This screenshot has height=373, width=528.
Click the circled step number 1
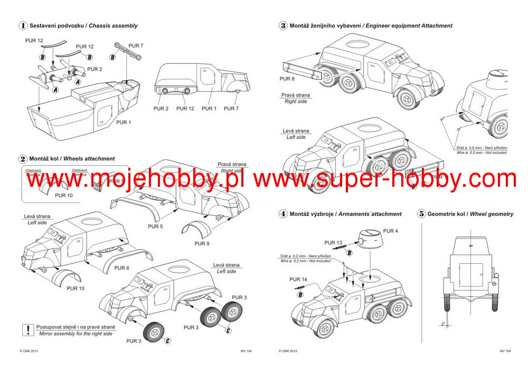point(23,25)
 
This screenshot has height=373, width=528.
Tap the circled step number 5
point(421,214)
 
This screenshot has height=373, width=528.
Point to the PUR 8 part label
point(287,79)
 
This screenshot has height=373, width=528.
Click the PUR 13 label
point(333,243)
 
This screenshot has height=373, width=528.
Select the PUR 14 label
point(298,279)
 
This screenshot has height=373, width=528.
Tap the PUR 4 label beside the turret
point(391,231)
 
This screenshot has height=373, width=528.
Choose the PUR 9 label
point(202,244)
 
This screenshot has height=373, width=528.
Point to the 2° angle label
point(444,324)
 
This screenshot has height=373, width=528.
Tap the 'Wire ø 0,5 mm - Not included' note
point(481,152)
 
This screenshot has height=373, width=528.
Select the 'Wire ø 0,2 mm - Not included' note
point(305,261)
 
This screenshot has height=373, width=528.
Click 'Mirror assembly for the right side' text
point(76,334)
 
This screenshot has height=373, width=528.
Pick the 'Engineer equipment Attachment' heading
point(409,25)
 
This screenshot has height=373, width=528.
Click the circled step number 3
point(283,25)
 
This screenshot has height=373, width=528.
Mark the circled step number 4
point(283,214)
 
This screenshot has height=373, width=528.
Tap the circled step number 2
point(23,158)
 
